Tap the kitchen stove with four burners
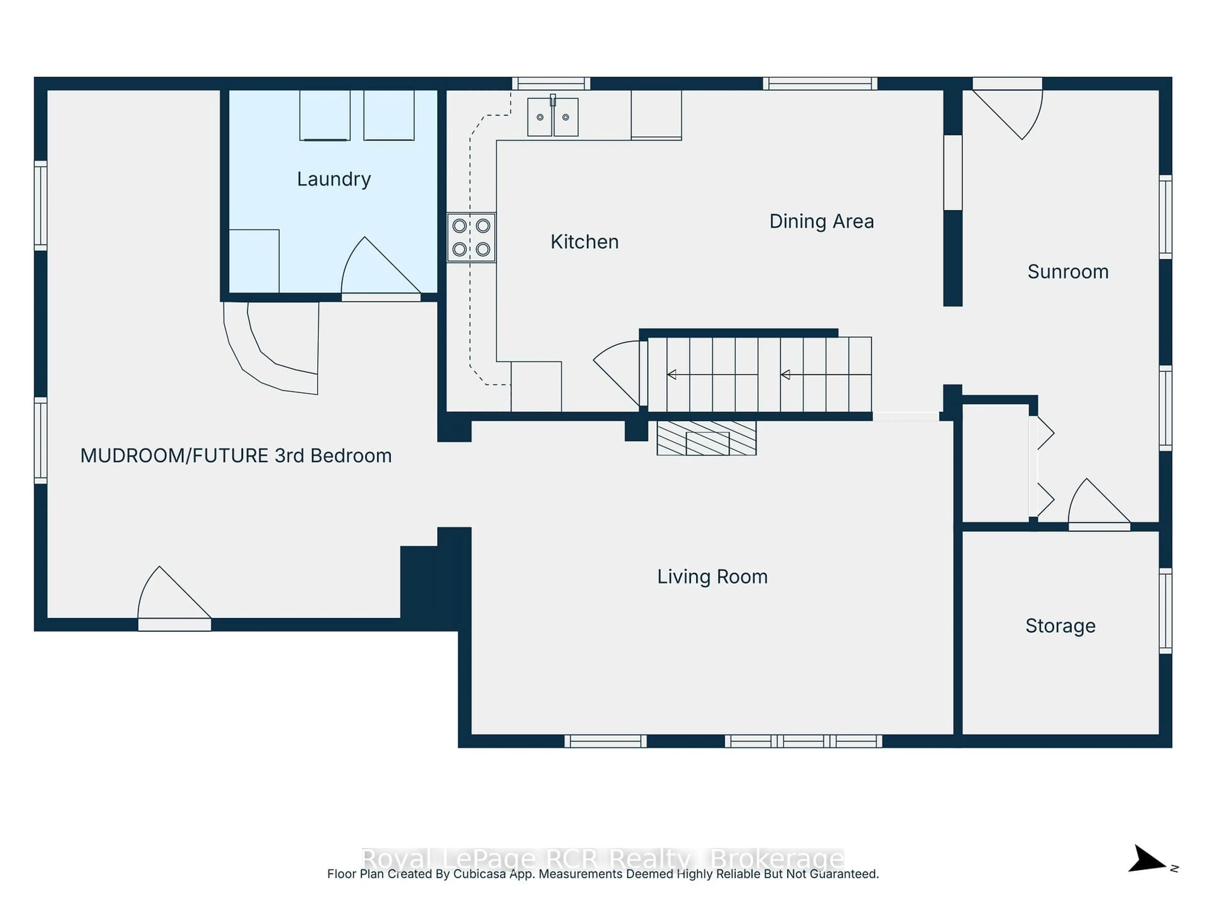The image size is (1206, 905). pos(471,238)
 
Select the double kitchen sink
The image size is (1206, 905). pos(552,117)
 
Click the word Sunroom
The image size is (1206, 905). pos(1067,272)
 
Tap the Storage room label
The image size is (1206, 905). pos(1060,626)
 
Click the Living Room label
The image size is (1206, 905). pos(712,577)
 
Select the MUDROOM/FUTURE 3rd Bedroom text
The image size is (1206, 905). pos(236,456)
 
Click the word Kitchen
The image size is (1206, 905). pos(584,242)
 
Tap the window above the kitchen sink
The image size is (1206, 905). pos(551,84)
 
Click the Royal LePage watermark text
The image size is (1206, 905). pos(602,859)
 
